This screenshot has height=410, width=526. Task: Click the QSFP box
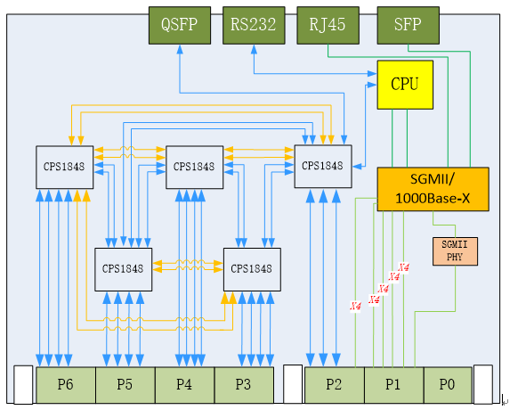coord(180,25)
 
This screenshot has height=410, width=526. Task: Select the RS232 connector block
coord(254,25)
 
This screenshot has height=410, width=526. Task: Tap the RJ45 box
coord(328,25)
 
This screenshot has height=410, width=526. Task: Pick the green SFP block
coord(409,25)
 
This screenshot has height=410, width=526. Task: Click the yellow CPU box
coord(405,85)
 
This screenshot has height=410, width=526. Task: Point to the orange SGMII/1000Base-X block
coord(433,189)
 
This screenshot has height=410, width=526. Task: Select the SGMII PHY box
coord(455,251)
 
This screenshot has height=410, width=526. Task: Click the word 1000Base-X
coord(433,199)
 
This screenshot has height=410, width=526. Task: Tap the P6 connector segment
coord(66,385)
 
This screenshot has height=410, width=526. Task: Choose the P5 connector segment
coord(125,385)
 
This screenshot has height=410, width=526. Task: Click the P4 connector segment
coord(185,385)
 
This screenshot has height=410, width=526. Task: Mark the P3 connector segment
coord(244,385)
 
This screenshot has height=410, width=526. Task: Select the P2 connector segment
coord(335,385)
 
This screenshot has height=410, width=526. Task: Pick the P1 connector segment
coord(394,385)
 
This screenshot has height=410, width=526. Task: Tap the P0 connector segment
coord(449,385)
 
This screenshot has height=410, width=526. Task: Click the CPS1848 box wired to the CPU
coord(323,167)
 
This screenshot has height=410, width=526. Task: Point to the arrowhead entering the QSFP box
coord(180,49)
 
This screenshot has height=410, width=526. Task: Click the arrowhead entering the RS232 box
coord(254,49)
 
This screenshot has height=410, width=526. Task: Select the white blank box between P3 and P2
coord(293,384)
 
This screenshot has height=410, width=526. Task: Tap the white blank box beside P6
coord(23,385)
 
